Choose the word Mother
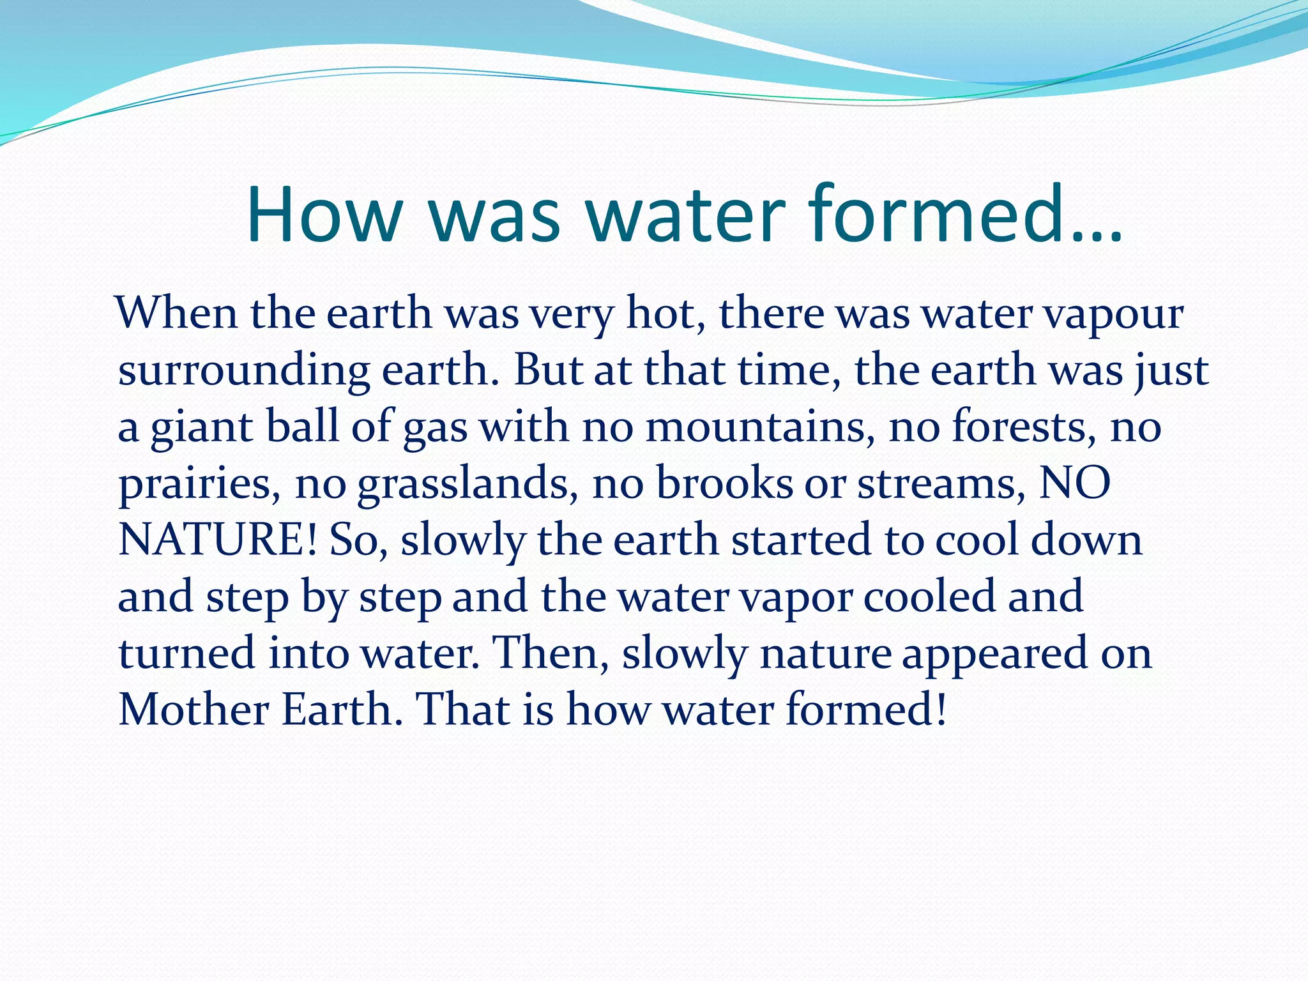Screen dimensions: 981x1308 pos(194,709)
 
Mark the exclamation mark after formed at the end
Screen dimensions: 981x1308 pos(939,709)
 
